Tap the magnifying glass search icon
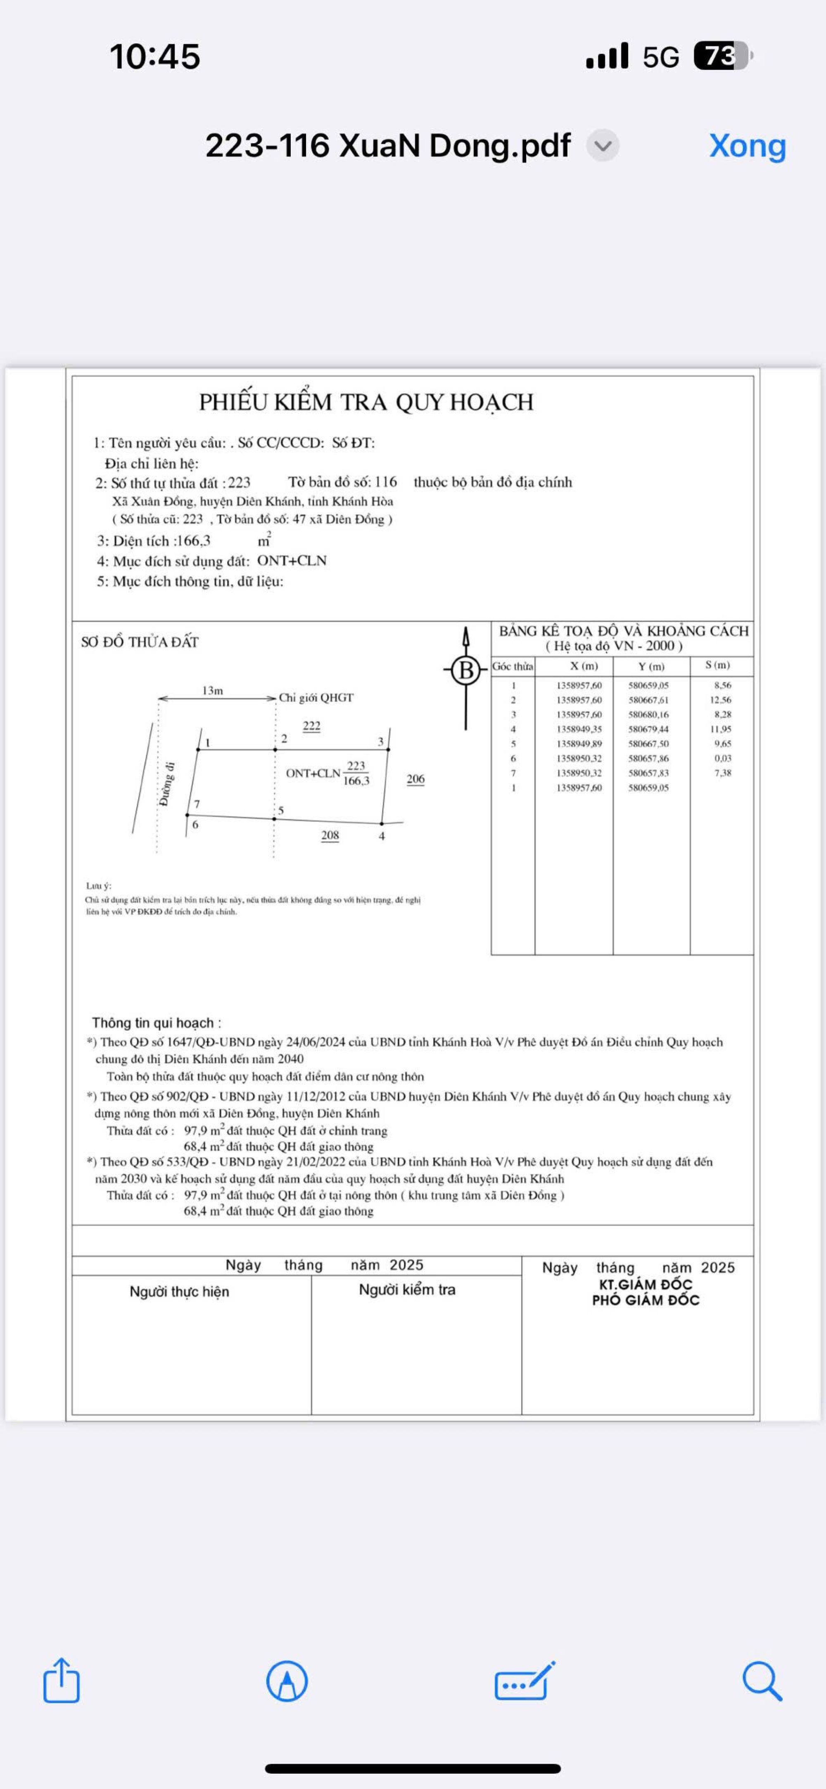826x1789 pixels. pyautogui.click(x=762, y=1681)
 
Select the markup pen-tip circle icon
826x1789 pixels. pyautogui.click(x=287, y=1681)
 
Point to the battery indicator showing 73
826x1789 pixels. pyautogui.click(x=722, y=56)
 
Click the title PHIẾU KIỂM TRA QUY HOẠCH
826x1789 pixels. pyautogui.click(x=366, y=402)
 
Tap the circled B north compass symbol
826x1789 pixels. pyautogui.click(x=465, y=670)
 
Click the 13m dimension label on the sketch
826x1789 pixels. pyautogui.click(x=213, y=690)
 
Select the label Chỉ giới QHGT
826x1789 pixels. pyautogui.click(x=316, y=697)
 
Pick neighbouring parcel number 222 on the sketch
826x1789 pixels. pyautogui.click(x=311, y=726)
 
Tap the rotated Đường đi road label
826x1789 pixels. pyautogui.click(x=167, y=784)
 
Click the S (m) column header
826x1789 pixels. pyautogui.click(x=718, y=665)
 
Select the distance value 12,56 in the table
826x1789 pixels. pyautogui.click(x=720, y=700)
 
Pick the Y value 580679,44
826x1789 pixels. pyautogui.click(x=648, y=729)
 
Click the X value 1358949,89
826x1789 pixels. pyautogui.click(x=579, y=744)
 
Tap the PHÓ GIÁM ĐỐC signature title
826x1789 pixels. pyautogui.click(x=646, y=1300)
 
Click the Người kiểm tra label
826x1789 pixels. pyautogui.click(x=407, y=1290)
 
